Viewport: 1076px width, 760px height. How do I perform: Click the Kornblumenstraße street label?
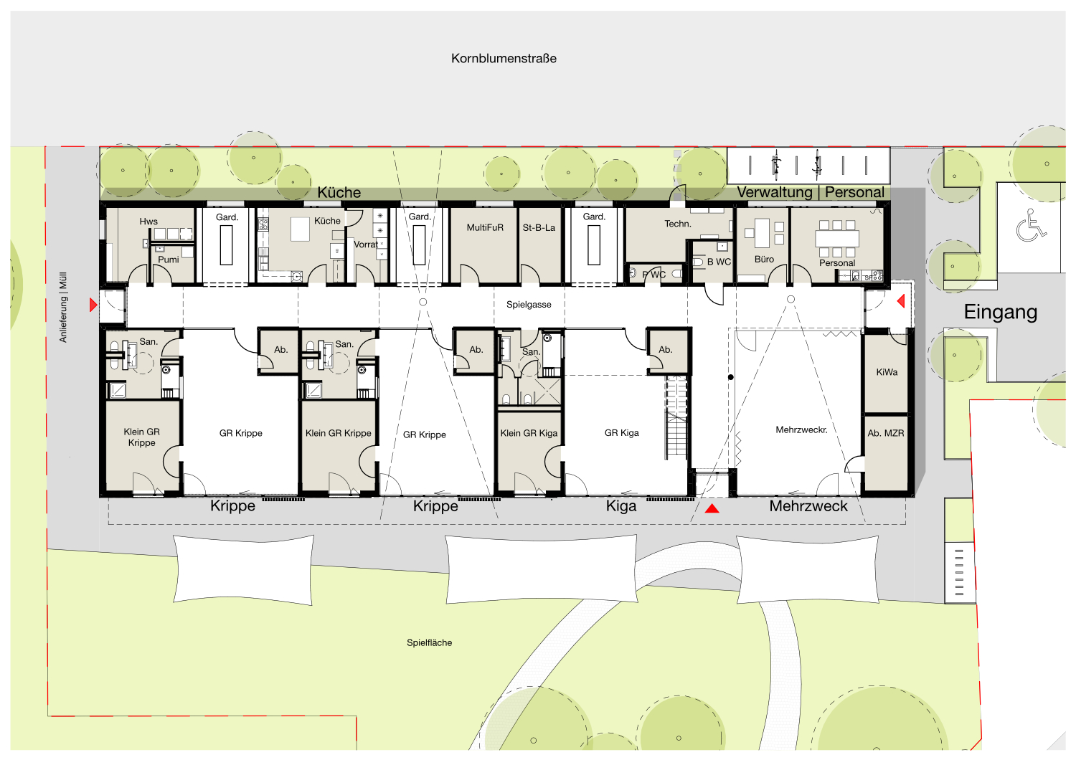(504, 59)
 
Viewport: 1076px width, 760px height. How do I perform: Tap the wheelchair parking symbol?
(1030, 225)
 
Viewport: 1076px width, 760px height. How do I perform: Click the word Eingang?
(1001, 312)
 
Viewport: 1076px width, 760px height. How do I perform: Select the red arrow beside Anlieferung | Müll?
(93, 305)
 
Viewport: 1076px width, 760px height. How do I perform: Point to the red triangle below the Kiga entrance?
(712, 508)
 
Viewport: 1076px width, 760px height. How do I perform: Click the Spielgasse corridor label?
(529, 305)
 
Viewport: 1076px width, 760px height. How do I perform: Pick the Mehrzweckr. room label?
(801, 429)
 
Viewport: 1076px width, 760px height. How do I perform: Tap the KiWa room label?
(886, 372)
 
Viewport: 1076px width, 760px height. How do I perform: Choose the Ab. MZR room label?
(885, 433)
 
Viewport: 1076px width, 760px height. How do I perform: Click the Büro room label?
(764, 260)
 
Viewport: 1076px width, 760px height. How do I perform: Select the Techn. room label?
(677, 224)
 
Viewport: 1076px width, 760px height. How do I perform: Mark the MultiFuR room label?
(485, 227)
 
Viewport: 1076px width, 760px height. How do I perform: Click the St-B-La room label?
(539, 227)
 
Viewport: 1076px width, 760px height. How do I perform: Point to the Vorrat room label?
(366, 244)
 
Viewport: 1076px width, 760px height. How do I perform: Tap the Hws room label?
(148, 222)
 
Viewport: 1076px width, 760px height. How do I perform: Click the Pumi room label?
(168, 260)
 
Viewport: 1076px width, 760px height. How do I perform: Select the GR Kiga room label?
(622, 433)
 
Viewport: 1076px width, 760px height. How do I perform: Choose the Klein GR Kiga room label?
(529, 433)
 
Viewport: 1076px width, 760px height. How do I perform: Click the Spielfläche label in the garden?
(429, 643)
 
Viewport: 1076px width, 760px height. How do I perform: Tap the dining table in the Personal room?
(837, 238)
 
